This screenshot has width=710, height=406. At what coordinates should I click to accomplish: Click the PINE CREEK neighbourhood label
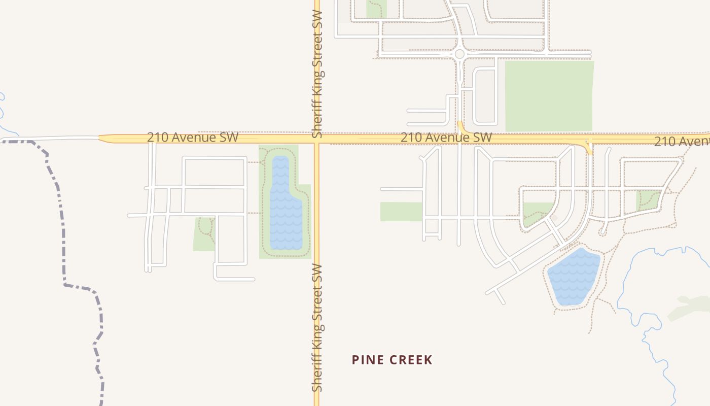coord(392,360)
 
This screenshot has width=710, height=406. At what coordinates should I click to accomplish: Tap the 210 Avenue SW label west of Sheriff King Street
coord(193,138)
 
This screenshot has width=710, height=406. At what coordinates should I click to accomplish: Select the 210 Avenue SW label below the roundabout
coord(446,138)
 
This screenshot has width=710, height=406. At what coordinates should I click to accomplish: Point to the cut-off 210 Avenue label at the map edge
coord(682,141)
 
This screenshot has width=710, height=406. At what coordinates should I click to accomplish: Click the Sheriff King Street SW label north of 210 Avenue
coord(317,71)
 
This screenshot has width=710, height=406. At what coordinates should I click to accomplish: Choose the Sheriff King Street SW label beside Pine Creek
coord(317,327)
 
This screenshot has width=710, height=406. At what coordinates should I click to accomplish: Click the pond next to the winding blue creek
coord(573,277)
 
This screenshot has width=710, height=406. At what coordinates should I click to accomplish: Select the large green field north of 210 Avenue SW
coord(549,95)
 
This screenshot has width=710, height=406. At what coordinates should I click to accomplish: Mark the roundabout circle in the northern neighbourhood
coord(459,54)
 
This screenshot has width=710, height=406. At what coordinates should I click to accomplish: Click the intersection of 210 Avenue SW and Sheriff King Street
coord(317,139)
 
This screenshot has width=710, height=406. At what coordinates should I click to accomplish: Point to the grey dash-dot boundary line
coord(63,228)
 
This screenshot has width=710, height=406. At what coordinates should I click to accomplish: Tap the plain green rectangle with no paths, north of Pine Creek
coord(401,211)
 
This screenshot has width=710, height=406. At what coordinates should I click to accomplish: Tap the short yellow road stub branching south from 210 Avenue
coord(589,148)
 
